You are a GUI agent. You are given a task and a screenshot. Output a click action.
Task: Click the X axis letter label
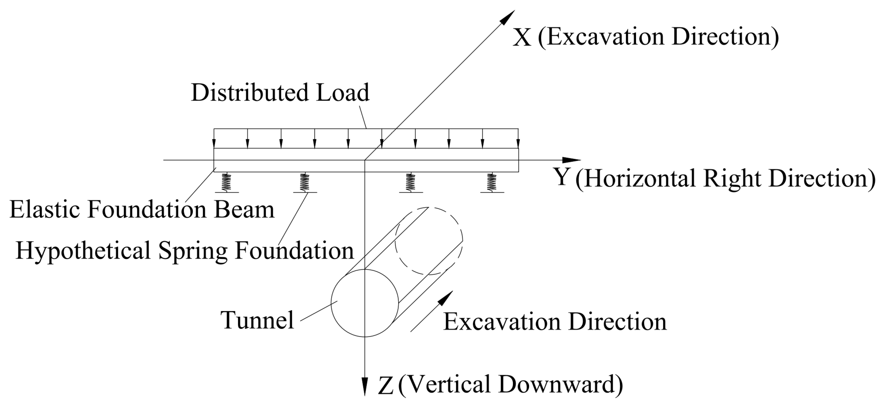(521, 38)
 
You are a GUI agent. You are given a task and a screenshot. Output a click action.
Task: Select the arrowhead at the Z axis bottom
(365, 387)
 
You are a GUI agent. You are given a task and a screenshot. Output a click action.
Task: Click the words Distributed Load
(280, 93)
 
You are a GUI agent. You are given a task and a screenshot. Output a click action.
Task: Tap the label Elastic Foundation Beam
(142, 209)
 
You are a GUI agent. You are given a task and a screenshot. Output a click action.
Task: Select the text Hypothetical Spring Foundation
(184, 251)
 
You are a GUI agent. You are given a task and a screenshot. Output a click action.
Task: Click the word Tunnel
(257, 320)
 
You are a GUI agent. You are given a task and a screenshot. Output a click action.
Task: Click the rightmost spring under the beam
(492, 182)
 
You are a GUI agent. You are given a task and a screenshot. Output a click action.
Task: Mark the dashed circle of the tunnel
(429, 241)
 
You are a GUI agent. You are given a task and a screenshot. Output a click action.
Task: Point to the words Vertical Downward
(510, 385)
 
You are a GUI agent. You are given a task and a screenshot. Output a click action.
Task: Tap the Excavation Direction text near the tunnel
(555, 322)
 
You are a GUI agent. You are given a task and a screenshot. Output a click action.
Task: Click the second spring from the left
(305, 182)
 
